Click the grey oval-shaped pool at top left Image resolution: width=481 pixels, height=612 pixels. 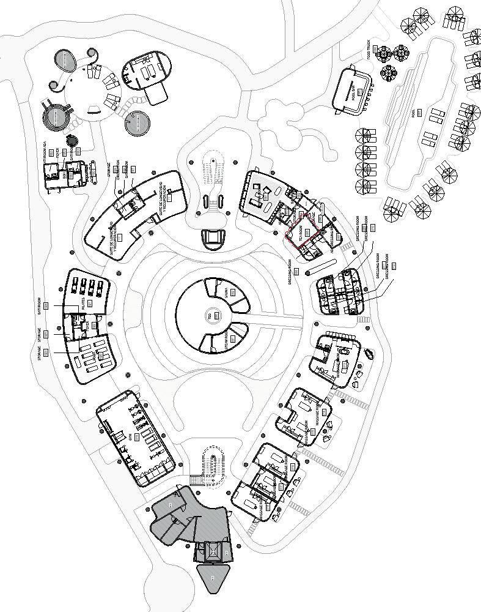point(65,59)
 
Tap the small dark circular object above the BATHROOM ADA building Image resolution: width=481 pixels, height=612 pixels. point(72,140)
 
